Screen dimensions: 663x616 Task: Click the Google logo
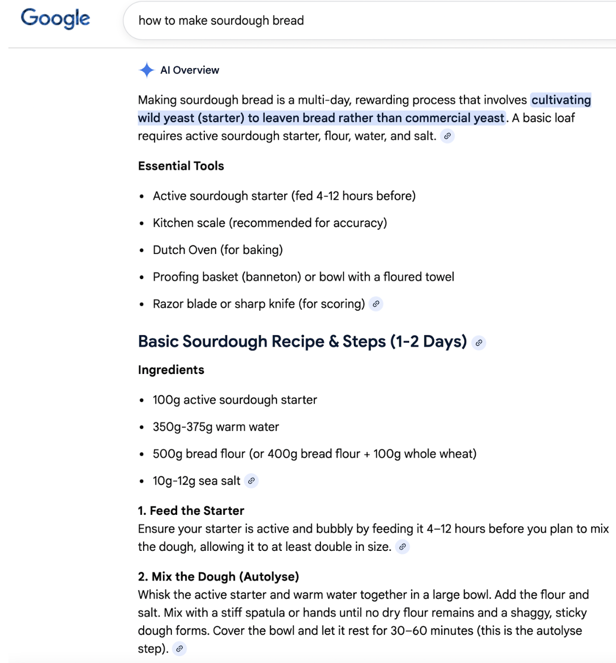(55, 19)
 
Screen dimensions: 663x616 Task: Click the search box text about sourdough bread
(221, 21)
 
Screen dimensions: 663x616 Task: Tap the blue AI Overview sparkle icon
(147, 70)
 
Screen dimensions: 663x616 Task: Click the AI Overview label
(190, 70)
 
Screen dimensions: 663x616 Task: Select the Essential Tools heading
(181, 166)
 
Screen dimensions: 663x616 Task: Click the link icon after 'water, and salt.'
(447, 136)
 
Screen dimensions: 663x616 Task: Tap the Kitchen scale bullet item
(269, 223)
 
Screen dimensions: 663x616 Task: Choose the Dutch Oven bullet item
(218, 250)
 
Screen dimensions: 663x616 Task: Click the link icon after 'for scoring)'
(376, 304)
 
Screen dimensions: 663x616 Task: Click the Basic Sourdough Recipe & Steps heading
(302, 341)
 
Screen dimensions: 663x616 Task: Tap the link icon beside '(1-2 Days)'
(479, 342)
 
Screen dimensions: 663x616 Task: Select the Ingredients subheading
(171, 370)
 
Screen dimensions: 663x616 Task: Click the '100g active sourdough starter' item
(235, 400)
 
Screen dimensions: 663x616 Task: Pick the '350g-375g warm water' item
(216, 427)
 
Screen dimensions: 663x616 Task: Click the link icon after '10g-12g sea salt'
(252, 481)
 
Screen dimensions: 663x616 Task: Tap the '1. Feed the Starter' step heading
(191, 511)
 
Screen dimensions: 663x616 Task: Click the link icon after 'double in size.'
(403, 547)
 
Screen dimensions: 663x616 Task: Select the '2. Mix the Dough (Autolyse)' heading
(219, 577)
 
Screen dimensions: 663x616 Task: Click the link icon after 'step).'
(180, 649)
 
